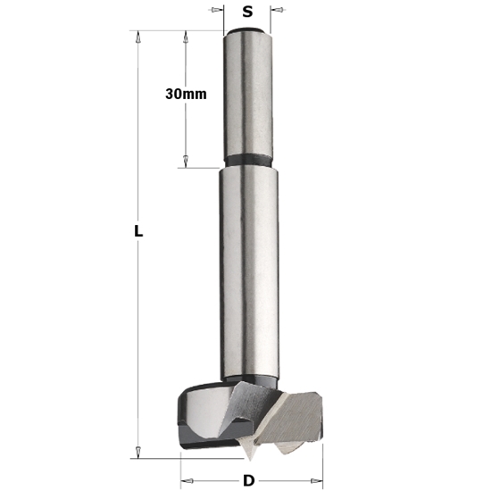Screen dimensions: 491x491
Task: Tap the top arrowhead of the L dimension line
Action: [x=137, y=37]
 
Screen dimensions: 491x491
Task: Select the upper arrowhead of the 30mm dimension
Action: [x=185, y=37]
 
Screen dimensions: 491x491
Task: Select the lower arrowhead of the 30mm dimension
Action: [x=185, y=161]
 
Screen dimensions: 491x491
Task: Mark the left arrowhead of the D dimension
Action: [x=186, y=480]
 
